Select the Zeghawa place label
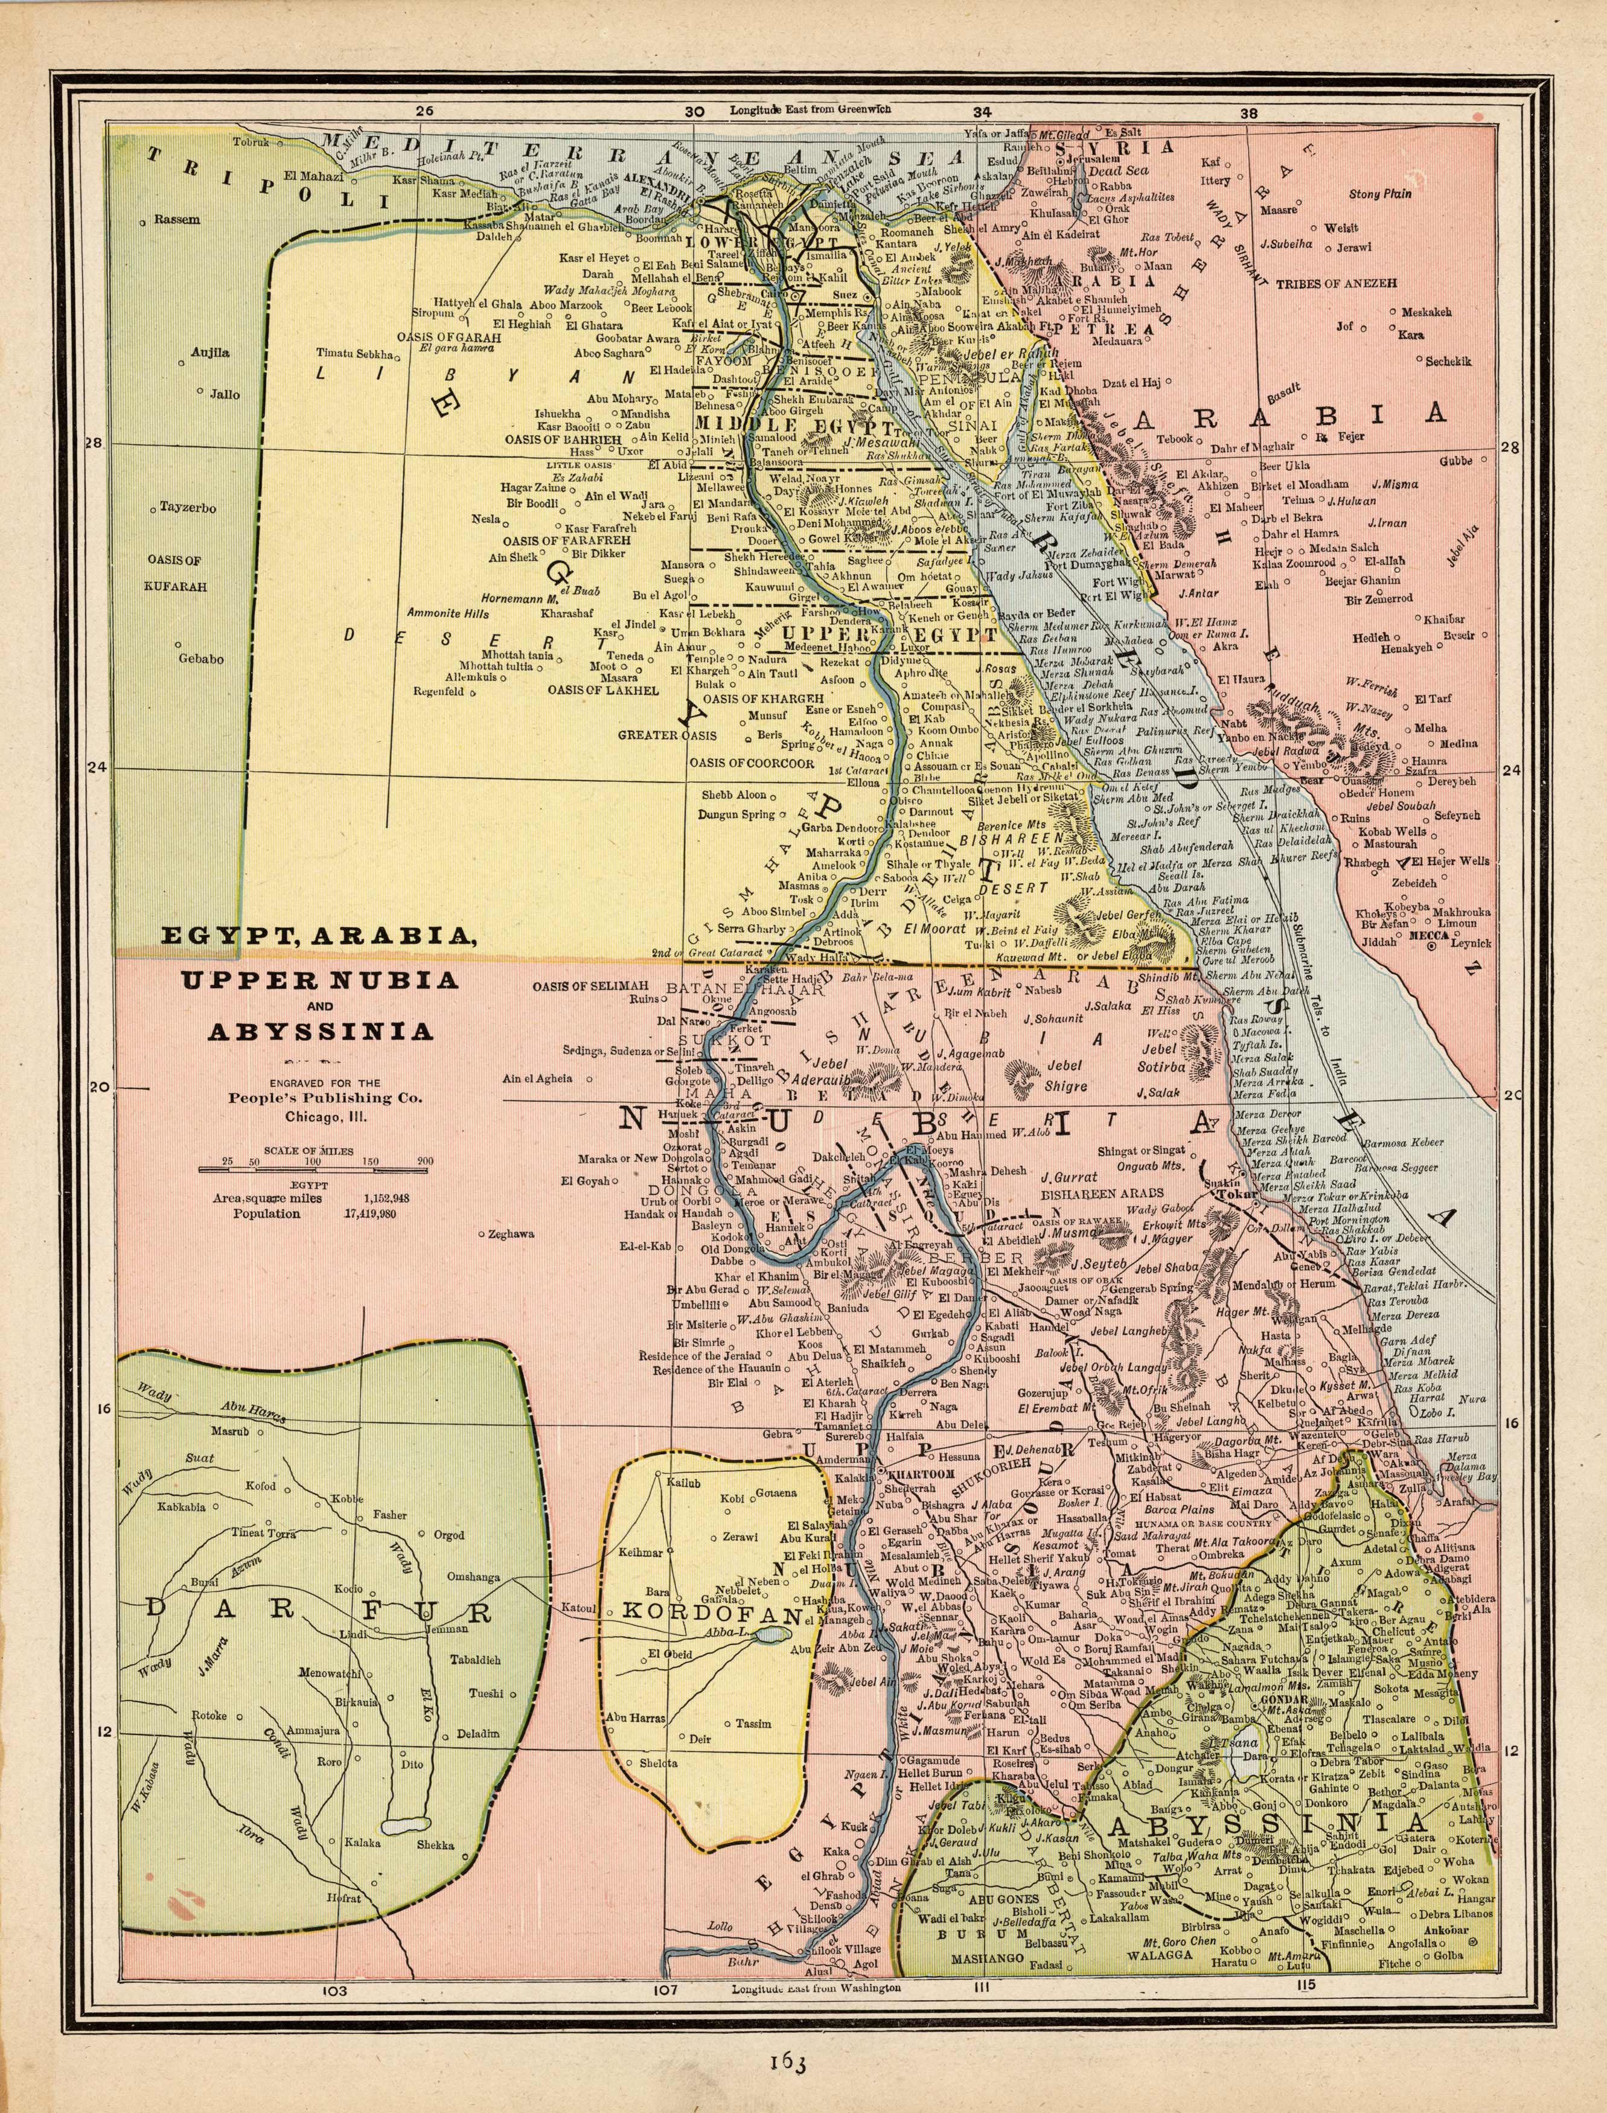click(510, 1234)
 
